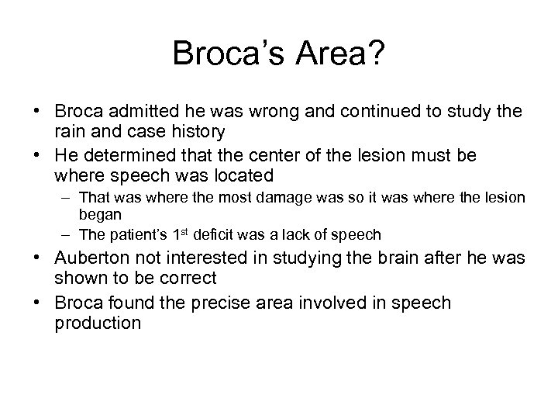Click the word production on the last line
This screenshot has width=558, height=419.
click(98, 322)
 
